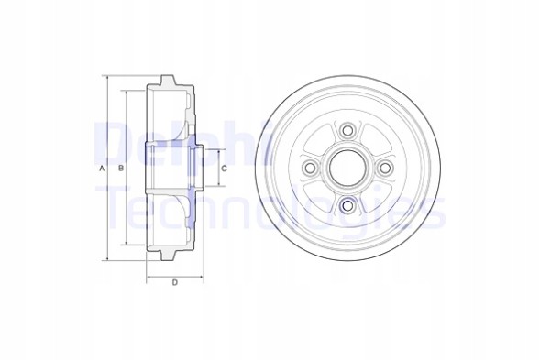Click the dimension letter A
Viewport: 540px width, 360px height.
(101, 169)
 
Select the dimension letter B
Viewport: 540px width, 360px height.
(120, 169)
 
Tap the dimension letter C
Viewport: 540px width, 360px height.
(224, 169)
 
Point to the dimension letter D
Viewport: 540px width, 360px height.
(174, 282)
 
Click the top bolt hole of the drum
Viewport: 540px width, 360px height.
(347, 133)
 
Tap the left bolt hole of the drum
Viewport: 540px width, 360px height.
(310, 169)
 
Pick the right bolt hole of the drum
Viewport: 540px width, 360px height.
(385, 169)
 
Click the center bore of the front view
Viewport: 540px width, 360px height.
(347, 169)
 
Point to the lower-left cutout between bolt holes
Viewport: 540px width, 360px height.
(320, 198)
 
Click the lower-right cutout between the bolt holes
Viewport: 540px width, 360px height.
(375, 198)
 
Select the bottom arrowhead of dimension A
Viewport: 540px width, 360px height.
(108, 260)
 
